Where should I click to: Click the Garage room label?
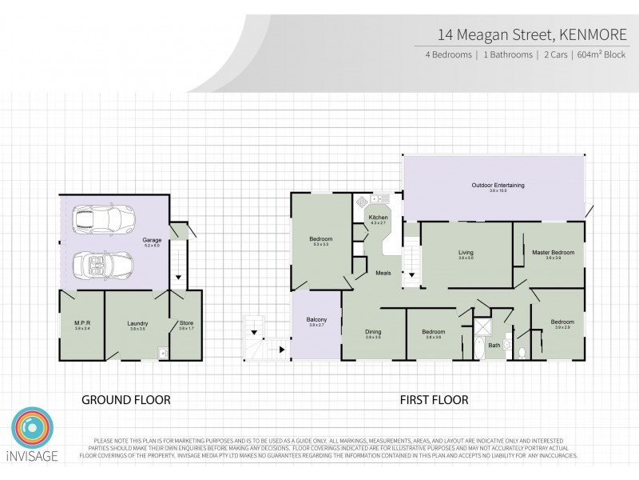pos(152,239)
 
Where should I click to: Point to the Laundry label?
pos(137,323)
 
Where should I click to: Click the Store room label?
pos(186,323)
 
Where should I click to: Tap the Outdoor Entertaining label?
pos(498,186)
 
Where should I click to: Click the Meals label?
pos(383,274)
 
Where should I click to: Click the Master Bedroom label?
pos(554,252)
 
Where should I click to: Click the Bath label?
pos(494,346)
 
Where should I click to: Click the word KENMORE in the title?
pos(594,35)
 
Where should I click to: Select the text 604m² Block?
pos(602,55)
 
